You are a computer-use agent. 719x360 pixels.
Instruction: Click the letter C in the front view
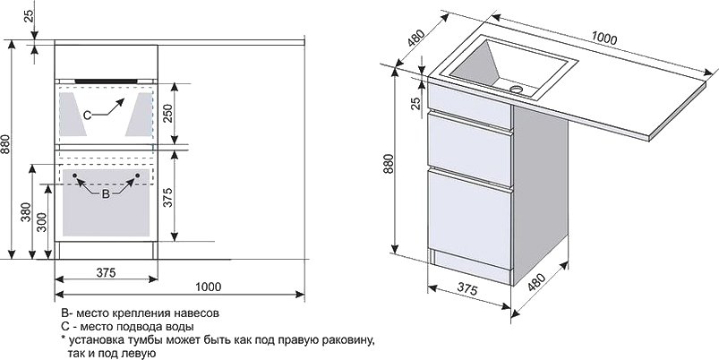87,116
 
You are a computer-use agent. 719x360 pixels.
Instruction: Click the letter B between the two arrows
106,194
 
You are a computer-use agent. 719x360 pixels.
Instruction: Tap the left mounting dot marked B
74,176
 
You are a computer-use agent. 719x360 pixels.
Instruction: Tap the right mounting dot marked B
137,176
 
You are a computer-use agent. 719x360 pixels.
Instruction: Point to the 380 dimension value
26,212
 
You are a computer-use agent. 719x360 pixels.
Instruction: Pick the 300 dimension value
42,221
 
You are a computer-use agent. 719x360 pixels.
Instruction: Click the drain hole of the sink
517,89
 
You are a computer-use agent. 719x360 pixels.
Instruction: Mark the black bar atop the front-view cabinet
107,81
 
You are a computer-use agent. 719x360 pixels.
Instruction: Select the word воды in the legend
180,328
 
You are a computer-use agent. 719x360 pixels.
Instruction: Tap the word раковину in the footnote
347,340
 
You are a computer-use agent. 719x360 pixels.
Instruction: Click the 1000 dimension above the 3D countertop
604,39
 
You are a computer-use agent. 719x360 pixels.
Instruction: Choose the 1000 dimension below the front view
209,287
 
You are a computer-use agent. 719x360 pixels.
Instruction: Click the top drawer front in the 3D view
469,106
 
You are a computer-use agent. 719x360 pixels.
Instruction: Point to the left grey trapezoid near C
73,115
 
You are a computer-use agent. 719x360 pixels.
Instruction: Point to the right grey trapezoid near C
140,115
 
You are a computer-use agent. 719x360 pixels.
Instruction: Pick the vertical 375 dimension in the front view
167,197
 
